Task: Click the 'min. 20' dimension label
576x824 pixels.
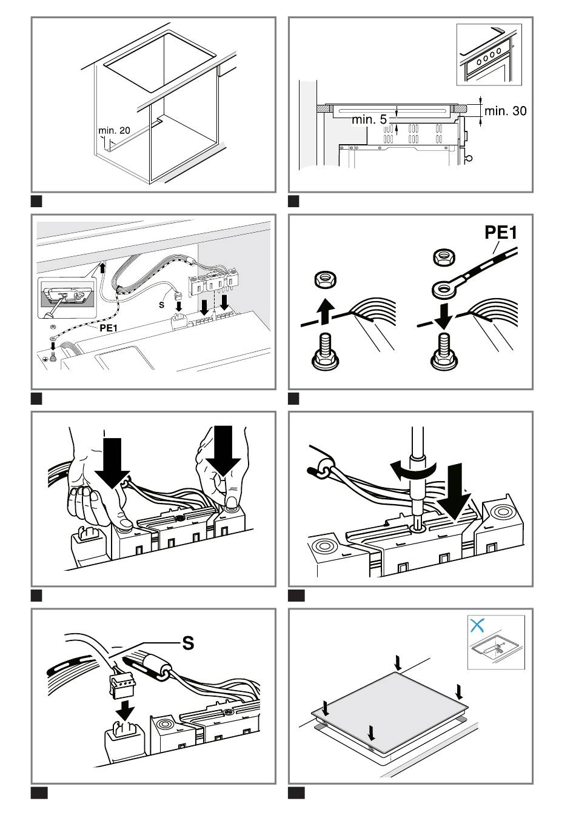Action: point(114,130)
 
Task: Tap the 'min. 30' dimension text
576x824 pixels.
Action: point(505,111)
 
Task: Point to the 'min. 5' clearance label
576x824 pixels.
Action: point(369,119)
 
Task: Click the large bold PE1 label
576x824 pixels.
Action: point(501,233)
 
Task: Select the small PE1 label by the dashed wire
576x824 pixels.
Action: point(109,328)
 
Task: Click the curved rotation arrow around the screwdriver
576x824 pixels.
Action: point(412,471)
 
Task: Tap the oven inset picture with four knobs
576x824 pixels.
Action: point(489,55)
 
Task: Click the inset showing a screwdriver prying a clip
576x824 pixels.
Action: point(66,297)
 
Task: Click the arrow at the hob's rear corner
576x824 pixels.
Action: point(398,662)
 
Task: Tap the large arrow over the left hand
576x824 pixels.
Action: point(112,462)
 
